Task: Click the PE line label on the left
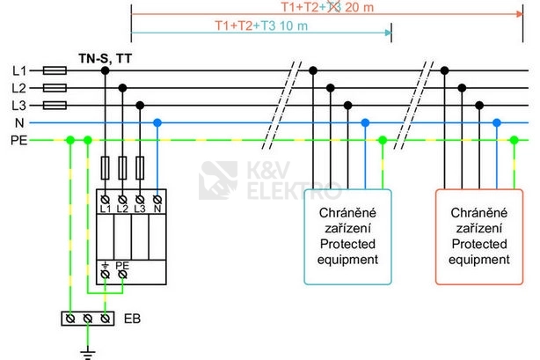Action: [x=18, y=140]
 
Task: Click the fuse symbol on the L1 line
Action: [x=55, y=70]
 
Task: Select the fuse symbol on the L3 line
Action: [x=55, y=106]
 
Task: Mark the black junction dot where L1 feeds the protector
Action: [x=105, y=70]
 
